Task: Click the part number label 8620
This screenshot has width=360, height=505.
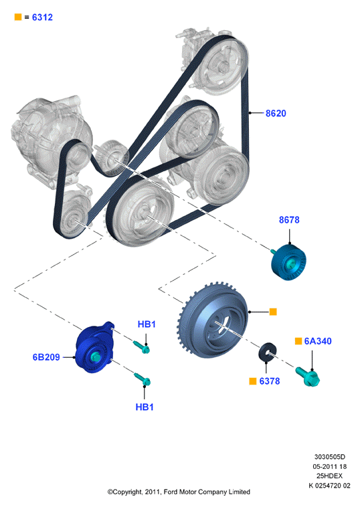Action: coord(276,113)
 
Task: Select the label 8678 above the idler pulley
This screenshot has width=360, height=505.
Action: coord(289,219)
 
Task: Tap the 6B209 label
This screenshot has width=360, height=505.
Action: coord(46,357)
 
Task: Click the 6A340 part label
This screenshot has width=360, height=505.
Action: coord(318,340)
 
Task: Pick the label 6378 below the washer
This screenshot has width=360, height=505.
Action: coord(270,381)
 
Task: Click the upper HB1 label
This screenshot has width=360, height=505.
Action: coord(147,324)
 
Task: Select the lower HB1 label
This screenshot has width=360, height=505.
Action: coord(145,407)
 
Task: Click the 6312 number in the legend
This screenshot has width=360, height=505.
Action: coord(42,17)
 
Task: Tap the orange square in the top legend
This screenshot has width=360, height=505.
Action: coord(18,17)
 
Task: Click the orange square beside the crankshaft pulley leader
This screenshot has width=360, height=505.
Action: coord(273,312)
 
